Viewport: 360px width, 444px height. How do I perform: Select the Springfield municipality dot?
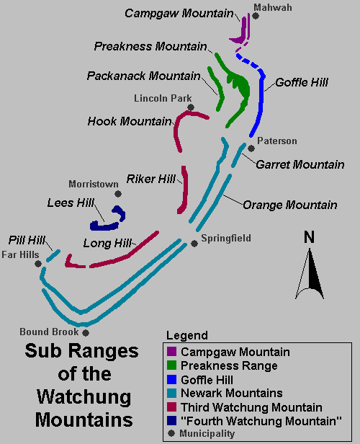pyautogui.click(x=194, y=244)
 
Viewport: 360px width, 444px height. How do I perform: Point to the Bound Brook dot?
pyautogui.click(x=86, y=333)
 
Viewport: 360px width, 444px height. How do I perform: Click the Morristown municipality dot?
pyautogui.click(x=118, y=194)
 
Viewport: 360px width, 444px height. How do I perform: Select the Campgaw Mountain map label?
pyautogui.click(x=179, y=13)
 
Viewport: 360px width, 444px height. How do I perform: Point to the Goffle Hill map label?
pyautogui.click(x=301, y=83)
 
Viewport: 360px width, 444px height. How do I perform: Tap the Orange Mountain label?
pyautogui.click(x=289, y=205)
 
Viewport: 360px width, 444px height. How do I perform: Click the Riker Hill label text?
pyautogui.click(x=150, y=178)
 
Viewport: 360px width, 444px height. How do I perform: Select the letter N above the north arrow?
pyautogui.click(x=309, y=237)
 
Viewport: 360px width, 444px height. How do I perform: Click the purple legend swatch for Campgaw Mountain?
pyautogui.click(x=171, y=352)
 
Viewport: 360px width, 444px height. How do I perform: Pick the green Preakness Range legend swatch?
pyautogui.click(x=171, y=366)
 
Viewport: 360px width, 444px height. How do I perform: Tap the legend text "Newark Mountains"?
pyautogui.click(x=231, y=393)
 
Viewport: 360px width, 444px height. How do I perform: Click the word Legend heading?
pyautogui.click(x=186, y=336)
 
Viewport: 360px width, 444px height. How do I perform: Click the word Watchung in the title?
pyautogui.click(x=76, y=396)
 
